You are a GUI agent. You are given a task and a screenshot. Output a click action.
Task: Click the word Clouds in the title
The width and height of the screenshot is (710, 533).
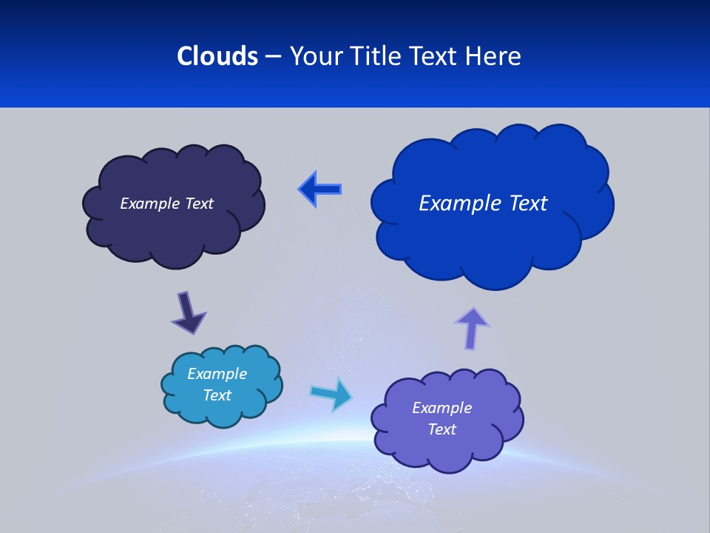[217, 56]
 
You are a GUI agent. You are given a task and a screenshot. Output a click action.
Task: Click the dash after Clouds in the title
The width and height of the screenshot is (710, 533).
[273, 56]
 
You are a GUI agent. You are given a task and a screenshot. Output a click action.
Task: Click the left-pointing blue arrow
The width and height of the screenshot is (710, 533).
[320, 189]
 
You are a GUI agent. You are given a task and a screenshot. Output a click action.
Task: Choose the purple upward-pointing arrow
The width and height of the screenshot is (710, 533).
[472, 327]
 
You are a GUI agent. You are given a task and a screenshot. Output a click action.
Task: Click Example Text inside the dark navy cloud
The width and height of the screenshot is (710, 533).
[166, 204]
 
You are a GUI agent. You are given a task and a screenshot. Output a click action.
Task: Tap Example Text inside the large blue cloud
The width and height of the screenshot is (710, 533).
[483, 204]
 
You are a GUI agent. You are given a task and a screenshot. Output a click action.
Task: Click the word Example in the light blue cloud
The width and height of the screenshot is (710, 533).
[217, 374]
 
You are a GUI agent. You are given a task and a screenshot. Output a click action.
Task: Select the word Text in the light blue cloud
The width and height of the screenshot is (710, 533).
[217, 395]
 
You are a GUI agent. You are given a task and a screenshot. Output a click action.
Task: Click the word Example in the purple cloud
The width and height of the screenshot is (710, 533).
[442, 408]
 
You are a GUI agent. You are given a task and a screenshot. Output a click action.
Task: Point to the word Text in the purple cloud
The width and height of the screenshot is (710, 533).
[442, 429]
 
